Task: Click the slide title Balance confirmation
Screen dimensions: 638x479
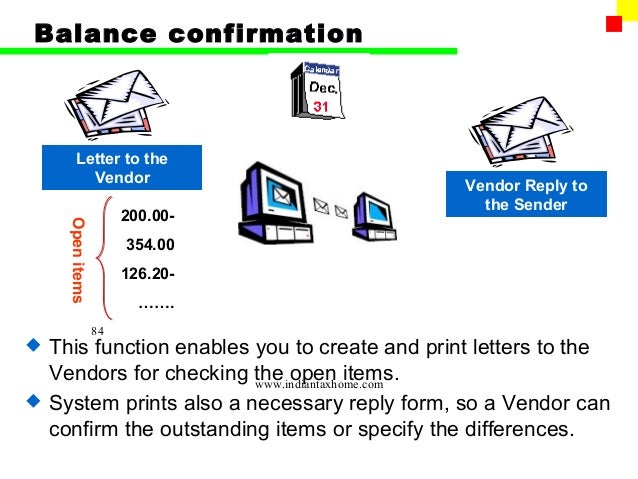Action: pyautogui.click(x=198, y=33)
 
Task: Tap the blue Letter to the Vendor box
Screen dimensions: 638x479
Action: pyautogui.click(x=122, y=168)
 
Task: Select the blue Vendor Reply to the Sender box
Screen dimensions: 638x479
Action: pyautogui.click(x=539, y=195)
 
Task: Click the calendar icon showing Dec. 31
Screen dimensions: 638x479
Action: pyautogui.click(x=315, y=89)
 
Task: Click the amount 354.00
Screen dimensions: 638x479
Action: pyautogui.click(x=151, y=243)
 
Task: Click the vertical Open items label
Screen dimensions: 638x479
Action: pyautogui.click(x=78, y=259)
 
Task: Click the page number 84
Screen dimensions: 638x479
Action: pyautogui.click(x=97, y=331)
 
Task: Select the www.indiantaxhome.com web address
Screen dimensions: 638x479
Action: pyautogui.click(x=319, y=383)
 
